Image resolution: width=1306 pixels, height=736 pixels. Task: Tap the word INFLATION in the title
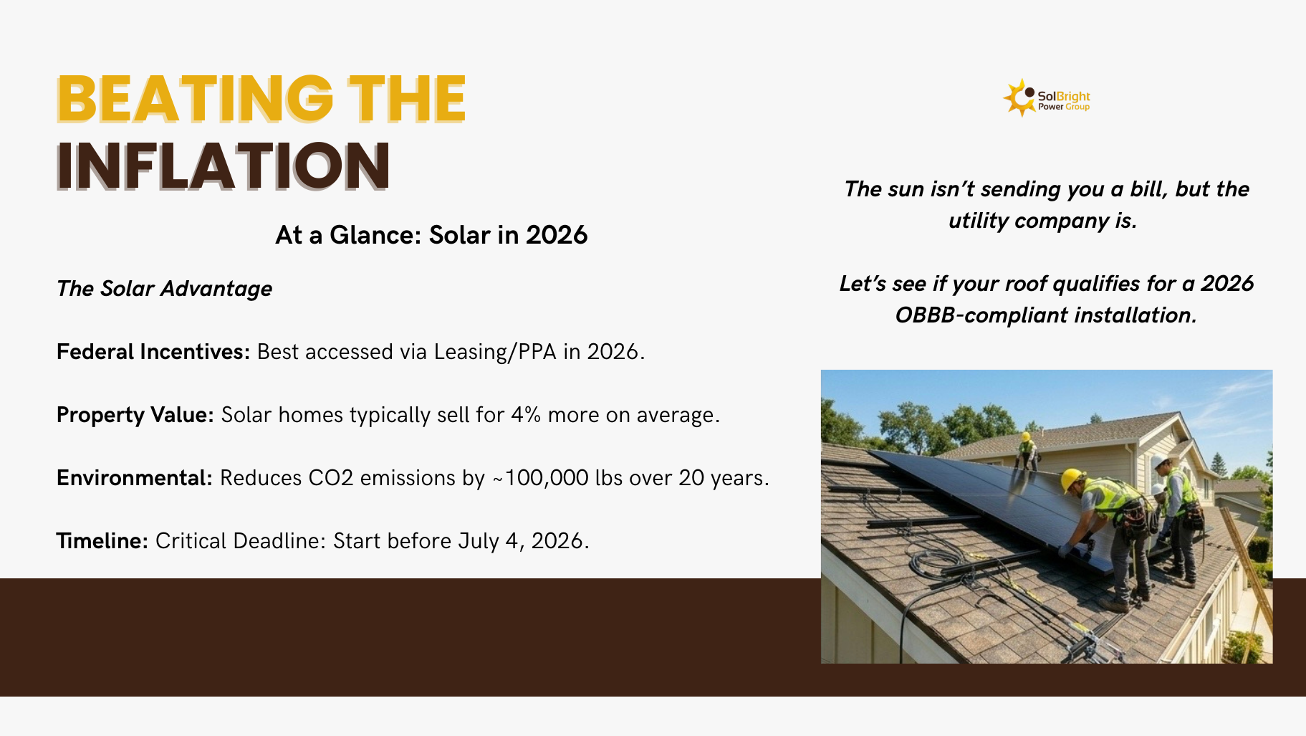pyautogui.click(x=224, y=166)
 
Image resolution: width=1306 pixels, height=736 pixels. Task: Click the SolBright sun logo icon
pyautogui.click(x=1019, y=97)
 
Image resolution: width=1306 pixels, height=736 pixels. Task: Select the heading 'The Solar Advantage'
pyautogui.click(x=164, y=289)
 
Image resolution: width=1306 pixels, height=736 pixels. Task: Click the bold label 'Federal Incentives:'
pyautogui.click(x=153, y=352)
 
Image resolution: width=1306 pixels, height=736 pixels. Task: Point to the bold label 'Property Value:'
pyautogui.click(x=135, y=415)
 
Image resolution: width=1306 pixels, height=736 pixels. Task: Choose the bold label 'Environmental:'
pyautogui.click(x=135, y=478)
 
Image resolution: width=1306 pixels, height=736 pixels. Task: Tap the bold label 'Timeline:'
pyautogui.click(x=102, y=541)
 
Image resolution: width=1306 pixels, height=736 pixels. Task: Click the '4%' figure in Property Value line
pyautogui.click(x=526, y=415)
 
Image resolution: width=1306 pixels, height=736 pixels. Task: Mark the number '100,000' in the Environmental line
pyautogui.click(x=547, y=478)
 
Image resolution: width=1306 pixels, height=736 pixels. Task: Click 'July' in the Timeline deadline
pyautogui.click(x=479, y=541)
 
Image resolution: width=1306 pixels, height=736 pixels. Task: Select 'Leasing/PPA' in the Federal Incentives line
pyautogui.click(x=495, y=352)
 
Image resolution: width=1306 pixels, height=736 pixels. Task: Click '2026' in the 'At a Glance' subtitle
pyautogui.click(x=557, y=235)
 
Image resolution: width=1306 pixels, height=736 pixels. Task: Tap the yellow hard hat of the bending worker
pyautogui.click(x=1072, y=479)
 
